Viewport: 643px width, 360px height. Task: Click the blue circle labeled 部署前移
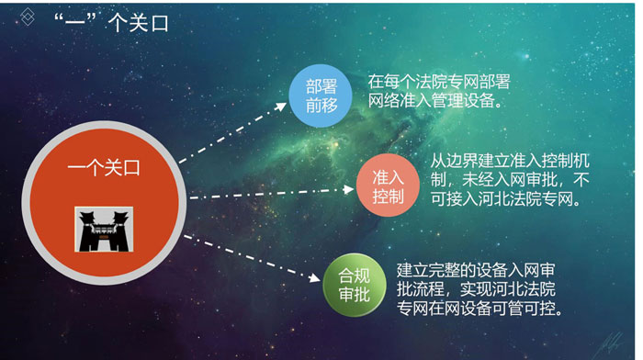point(322,96)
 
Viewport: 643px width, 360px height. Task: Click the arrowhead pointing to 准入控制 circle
point(348,188)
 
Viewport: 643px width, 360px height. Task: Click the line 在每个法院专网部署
point(437,81)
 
